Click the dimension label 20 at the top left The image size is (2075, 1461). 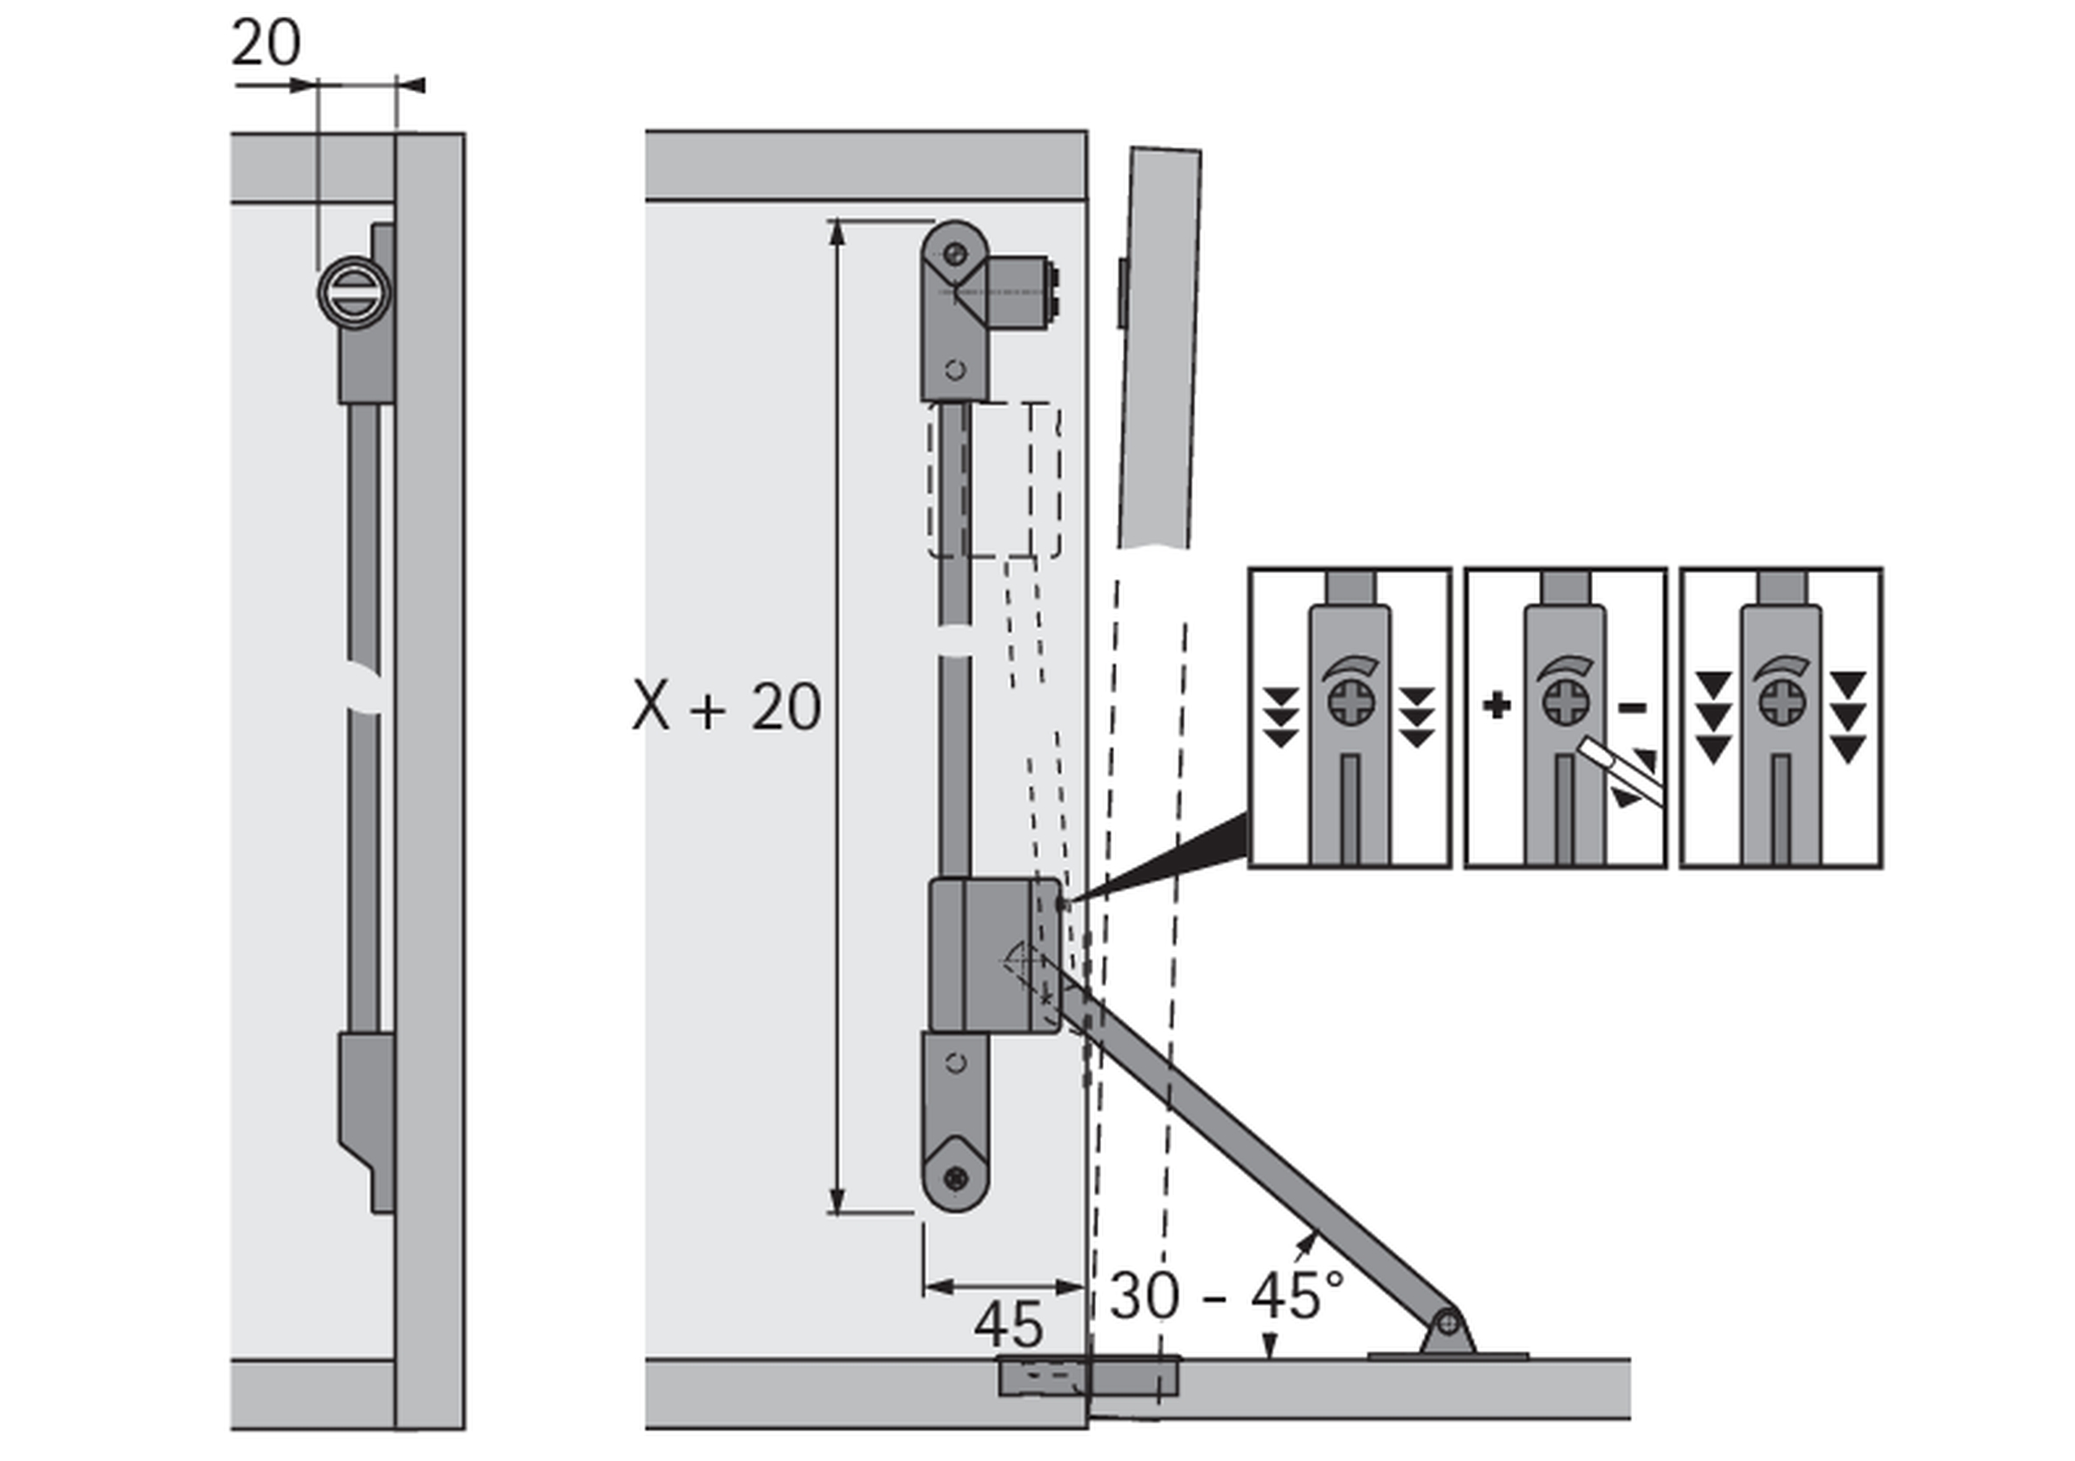pyautogui.click(x=265, y=43)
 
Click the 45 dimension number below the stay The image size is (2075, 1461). pyautogui.click(x=1008, y=1324)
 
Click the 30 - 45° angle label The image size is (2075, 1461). pyautogui.click(x=1226, y=1296)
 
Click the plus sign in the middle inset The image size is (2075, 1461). pyautogui.click(x=1496, y=705)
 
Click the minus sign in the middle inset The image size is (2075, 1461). pyautogui.click(x=1632, y=707)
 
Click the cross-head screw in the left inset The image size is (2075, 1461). pyautogui.click(x=1351, y=703)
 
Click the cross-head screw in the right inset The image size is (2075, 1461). pyautogui.click(x=1783, y=703)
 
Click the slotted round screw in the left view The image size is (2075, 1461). pyautogui.click(x=354, y=292)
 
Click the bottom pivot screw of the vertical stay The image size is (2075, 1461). pyautogui.click(x=957, y=1178)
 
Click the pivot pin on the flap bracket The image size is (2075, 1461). pyautogui.click(x=1447, y=1323)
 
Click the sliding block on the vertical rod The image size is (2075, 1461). pyautogui.click(x=994, y=955)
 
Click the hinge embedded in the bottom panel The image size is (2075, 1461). pyautogui.click(x=1088, y=1376)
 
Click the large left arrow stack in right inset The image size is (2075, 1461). pyautogui.click(x=1714, y=717)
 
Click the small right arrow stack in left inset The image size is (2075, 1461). pyautogui.click(x=1416, y=717)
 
